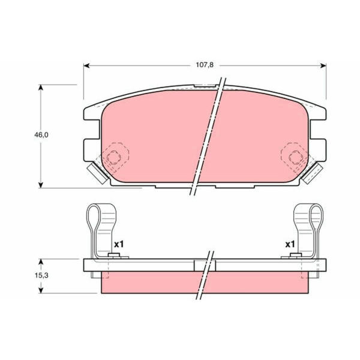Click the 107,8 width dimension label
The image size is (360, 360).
click(x=205, y=65)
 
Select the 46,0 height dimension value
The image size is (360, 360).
click(x=41, y=135)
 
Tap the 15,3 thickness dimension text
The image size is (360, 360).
click(x=41, y=275)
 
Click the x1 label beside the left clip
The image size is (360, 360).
click(x=119, y=244)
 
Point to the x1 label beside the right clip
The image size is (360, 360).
click(x=290, y=244)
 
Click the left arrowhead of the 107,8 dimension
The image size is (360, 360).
click(x=86, y=66)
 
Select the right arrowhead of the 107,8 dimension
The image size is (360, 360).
click(x=323, y=66)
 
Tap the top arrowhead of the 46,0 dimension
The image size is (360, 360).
click(x=41, y=88)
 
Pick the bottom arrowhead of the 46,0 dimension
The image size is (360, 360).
click(x=41, y=185)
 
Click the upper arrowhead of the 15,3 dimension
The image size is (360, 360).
click(x=41, y=262)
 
